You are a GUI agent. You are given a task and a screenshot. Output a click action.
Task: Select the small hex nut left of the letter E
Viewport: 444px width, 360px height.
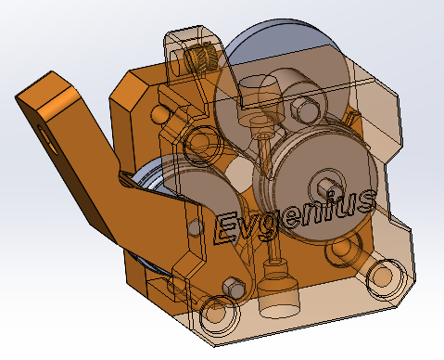click(x=196, y=226)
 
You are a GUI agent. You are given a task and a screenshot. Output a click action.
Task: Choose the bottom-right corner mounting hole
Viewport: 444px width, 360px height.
click(x=382, y=276)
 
